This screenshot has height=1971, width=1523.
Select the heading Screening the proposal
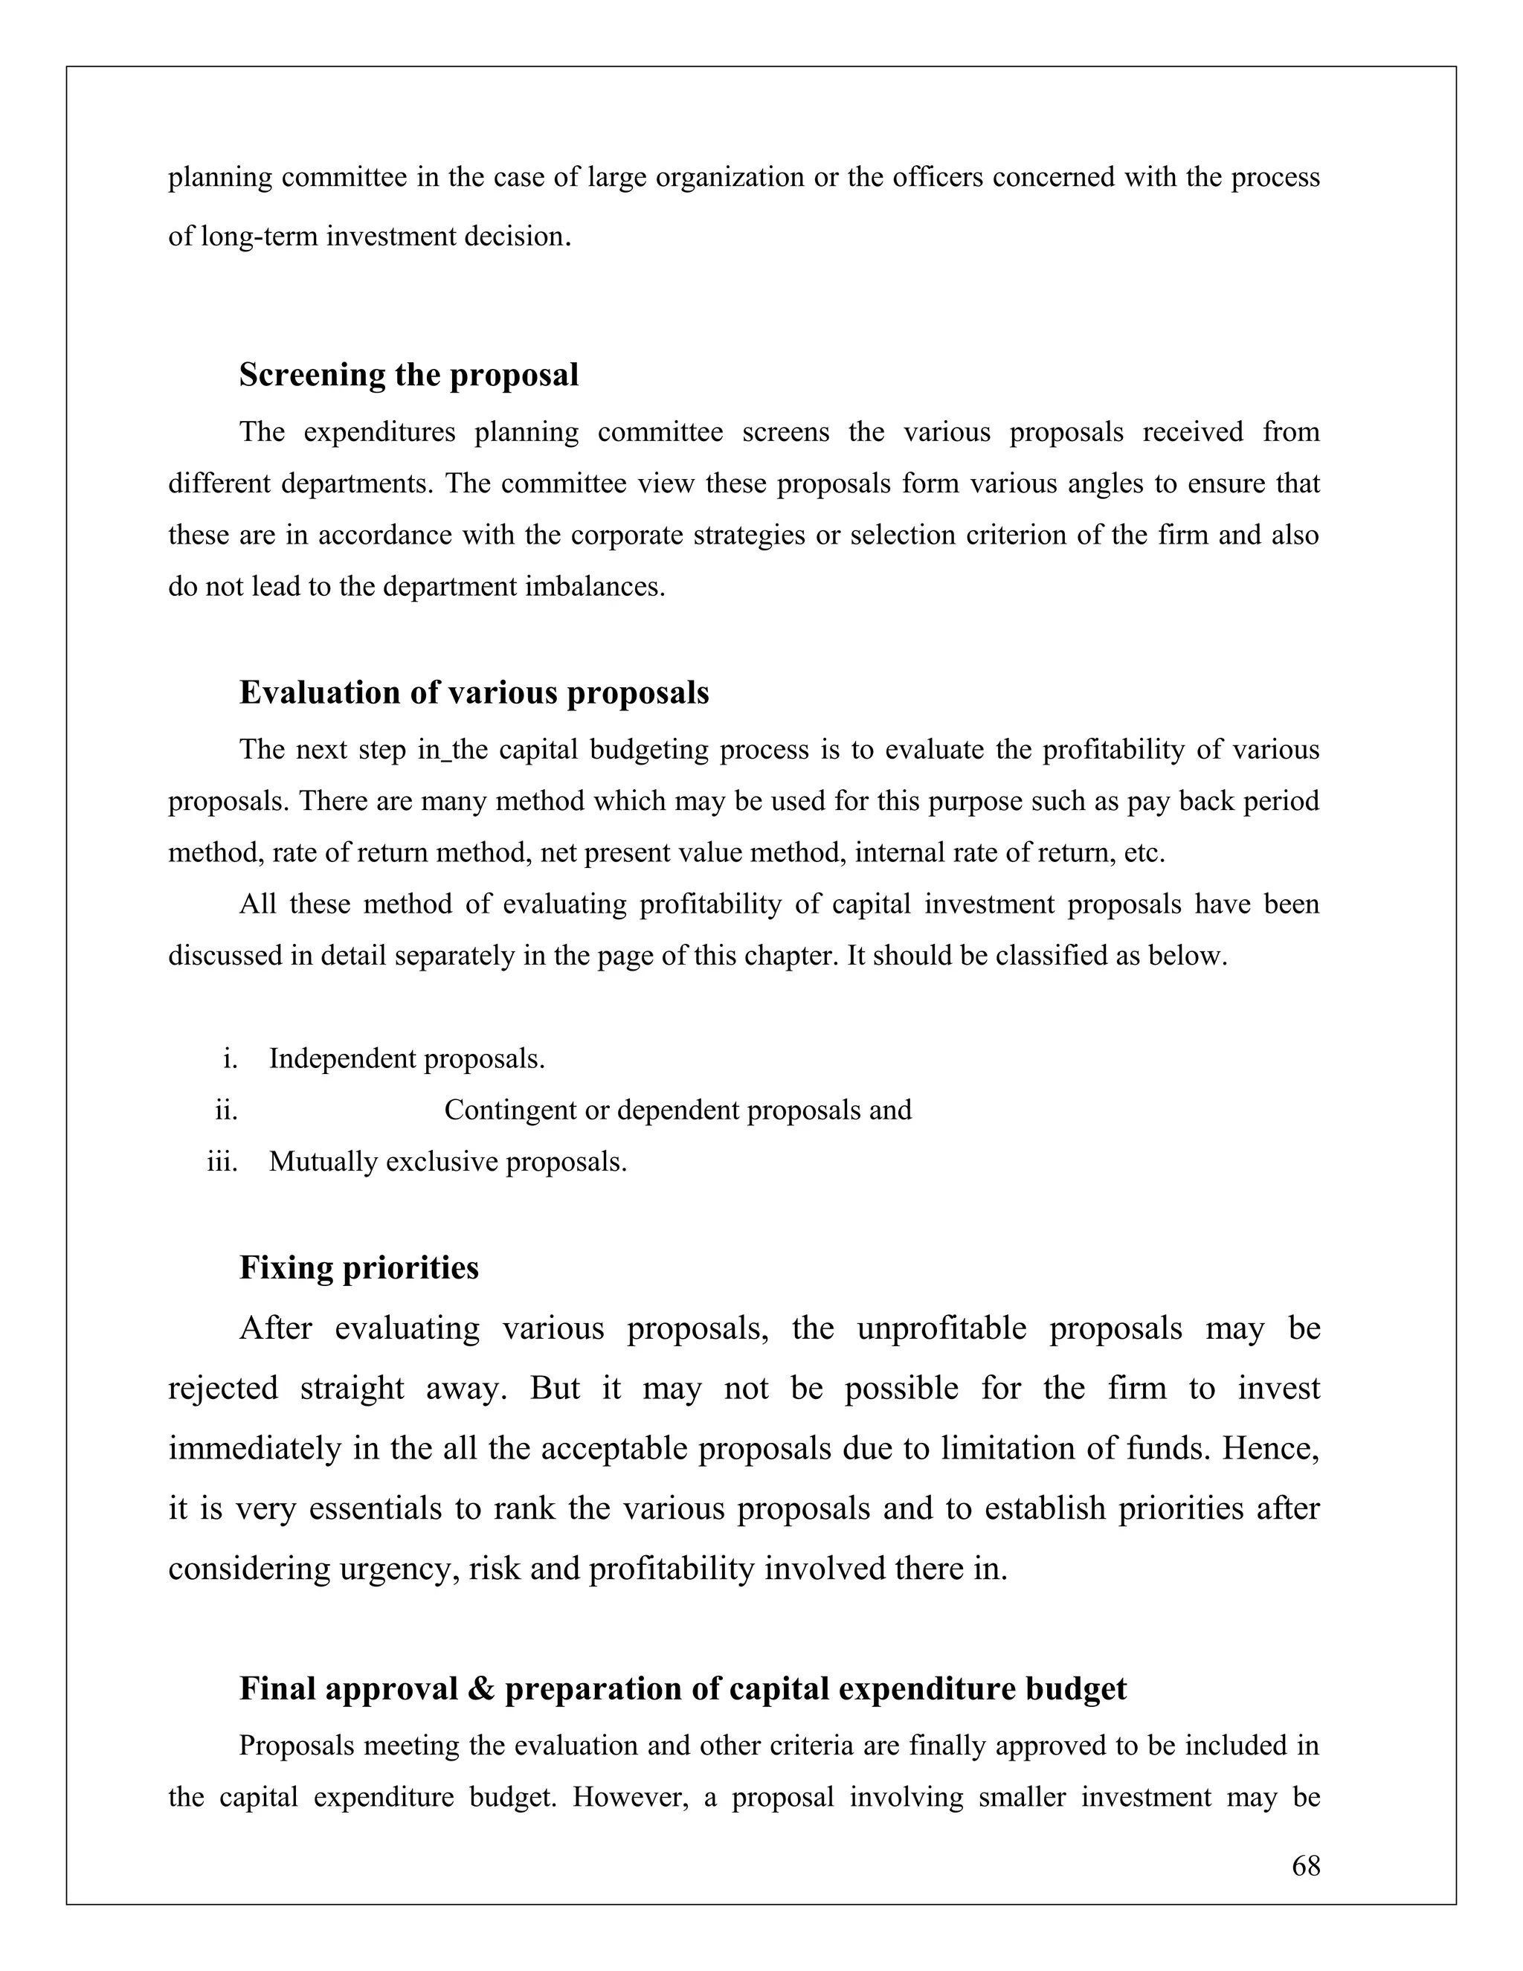(x=409, y=375)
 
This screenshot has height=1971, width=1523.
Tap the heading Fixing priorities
(x=359, y=1267)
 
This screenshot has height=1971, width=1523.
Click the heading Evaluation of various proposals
(x=474, y=692)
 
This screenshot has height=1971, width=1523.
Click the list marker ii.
(x=227, y=1110)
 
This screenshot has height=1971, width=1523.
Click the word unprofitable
(x=941, y=1328)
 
